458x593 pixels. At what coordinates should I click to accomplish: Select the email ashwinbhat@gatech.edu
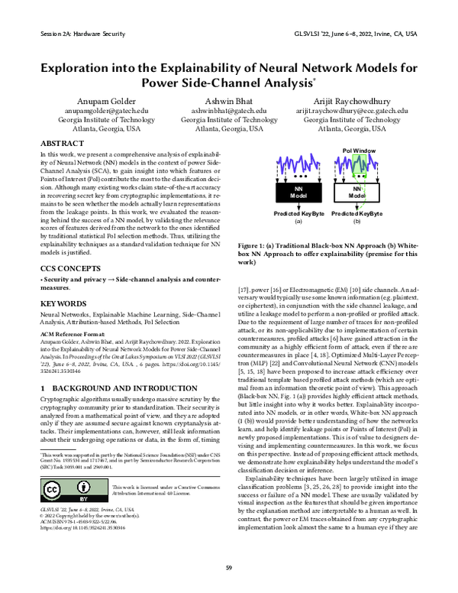click(229, 111)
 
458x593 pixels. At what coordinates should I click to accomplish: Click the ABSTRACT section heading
click(62, 144)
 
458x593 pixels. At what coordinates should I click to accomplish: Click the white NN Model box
click(357, 191)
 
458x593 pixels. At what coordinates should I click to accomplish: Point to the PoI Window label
click(359, 151)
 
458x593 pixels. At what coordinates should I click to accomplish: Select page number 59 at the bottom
click(228, 566)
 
